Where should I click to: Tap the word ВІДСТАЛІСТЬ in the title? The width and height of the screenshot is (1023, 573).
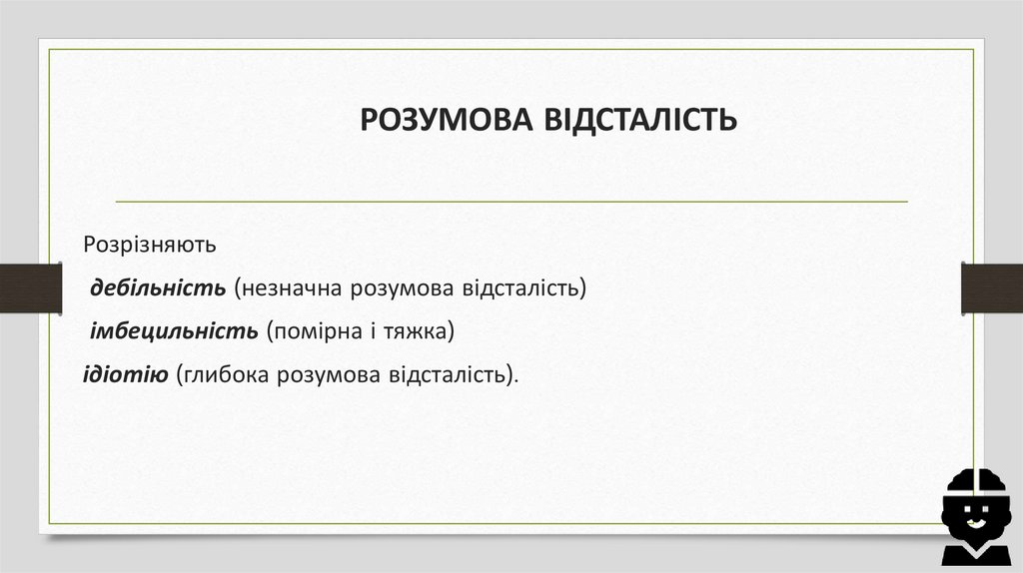[639, 120]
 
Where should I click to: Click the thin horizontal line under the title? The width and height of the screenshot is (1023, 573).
[511, 202]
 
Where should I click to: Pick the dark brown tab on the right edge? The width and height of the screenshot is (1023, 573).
[991, 288]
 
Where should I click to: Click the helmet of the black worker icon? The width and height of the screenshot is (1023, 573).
[977, 484]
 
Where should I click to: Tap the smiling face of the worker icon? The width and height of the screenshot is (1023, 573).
[977, 516]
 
